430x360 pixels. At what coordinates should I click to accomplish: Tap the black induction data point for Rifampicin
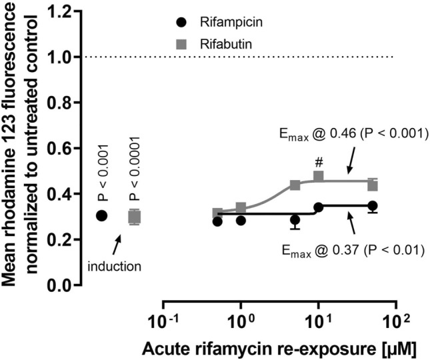(101, 215)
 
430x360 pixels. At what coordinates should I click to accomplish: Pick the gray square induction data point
(134, 217)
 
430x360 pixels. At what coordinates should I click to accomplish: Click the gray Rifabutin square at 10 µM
(319, 177)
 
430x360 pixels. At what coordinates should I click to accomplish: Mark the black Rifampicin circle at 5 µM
(295, 219)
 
